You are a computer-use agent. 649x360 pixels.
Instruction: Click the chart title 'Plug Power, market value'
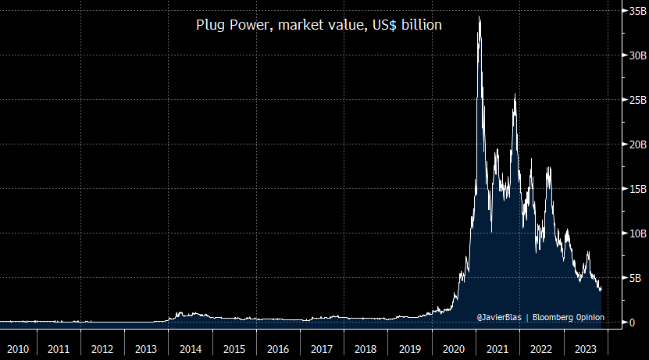pyautogui.click(x=318, y=25)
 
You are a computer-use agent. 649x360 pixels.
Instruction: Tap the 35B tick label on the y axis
pyautogui.click(x=631, y=12)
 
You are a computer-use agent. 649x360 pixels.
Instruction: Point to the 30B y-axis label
pyautogui.click(x=631, y=56)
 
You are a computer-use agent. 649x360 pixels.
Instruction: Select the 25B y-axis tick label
pyautogui.click(x=631, y=101)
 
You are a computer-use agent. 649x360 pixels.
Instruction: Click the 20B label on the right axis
pyautogui.click(x=631, y=145)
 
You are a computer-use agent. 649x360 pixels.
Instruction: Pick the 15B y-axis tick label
pyautogui.click(x=631, y=190)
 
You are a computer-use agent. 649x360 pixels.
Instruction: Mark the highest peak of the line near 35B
pyautogui.click(x=479, y=16)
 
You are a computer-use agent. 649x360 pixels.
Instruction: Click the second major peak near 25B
pyautogui.click(x=515, y=94)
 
